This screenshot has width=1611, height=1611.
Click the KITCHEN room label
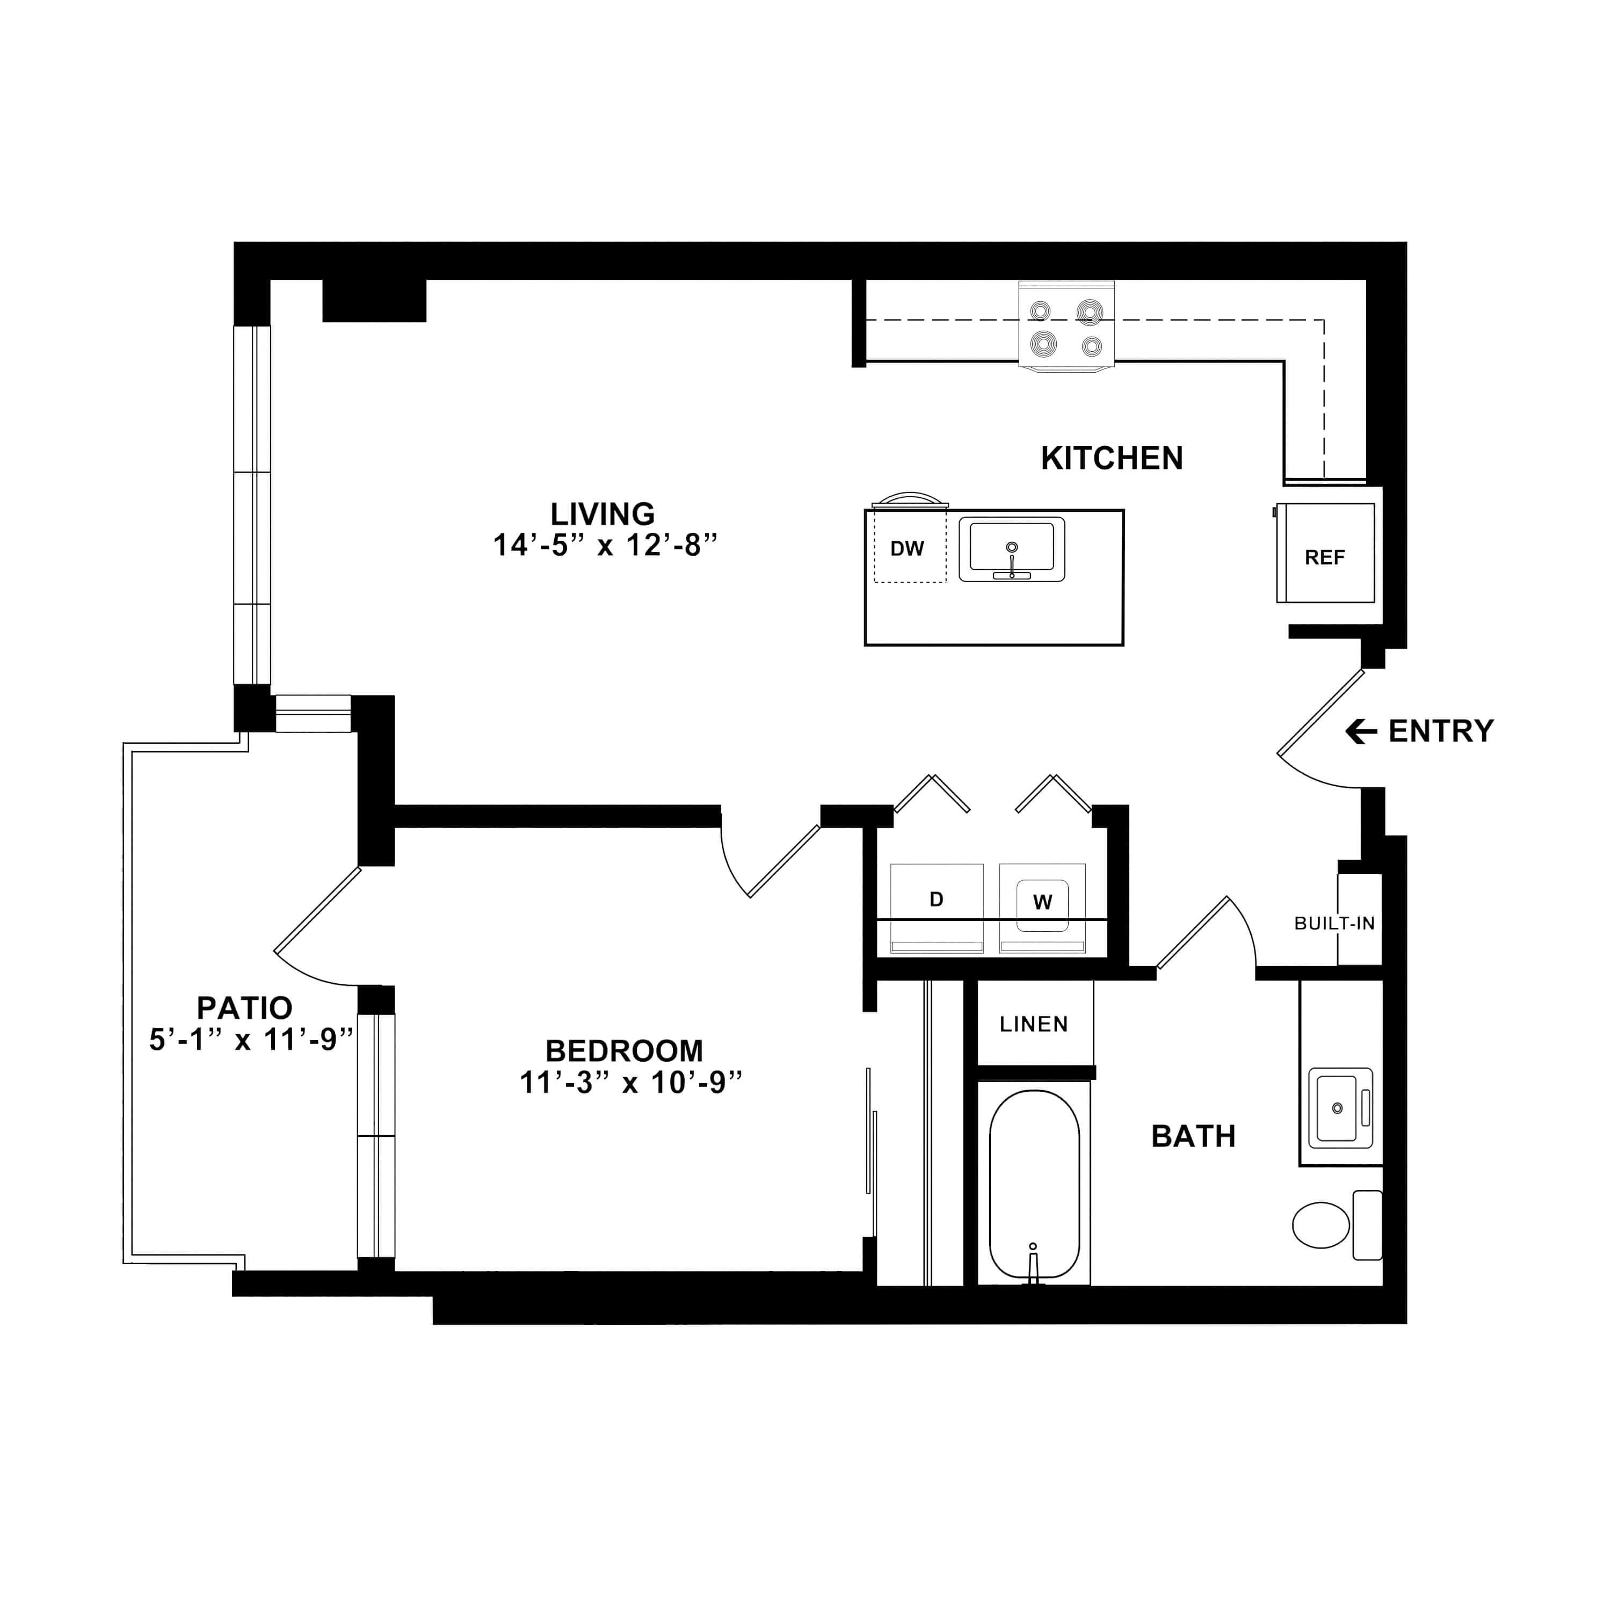(x=1112, y=459)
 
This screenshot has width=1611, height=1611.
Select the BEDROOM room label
(x=623, y=1051)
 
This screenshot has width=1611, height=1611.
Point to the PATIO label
(x=244, y=1008)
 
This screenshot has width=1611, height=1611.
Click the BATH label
(x=1193, y=1136)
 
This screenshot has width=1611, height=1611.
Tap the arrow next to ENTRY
(x=1361, y=732)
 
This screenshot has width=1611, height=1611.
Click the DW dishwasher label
(x=907, y=549)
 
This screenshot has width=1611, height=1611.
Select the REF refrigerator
(x=1325, y=553)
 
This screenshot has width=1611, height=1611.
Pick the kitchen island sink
(x=1012, y=549)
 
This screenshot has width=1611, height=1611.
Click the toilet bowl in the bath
(x=1321, y=1225)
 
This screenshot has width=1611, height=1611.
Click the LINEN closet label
(x=1034, y=1024)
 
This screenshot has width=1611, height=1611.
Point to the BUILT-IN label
(x=1334, y=924)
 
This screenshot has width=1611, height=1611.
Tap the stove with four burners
(x=1066, y=326)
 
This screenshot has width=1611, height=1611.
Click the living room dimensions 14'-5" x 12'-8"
(x=605, y=546)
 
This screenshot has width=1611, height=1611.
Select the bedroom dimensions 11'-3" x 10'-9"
(x=630, y=1083)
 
